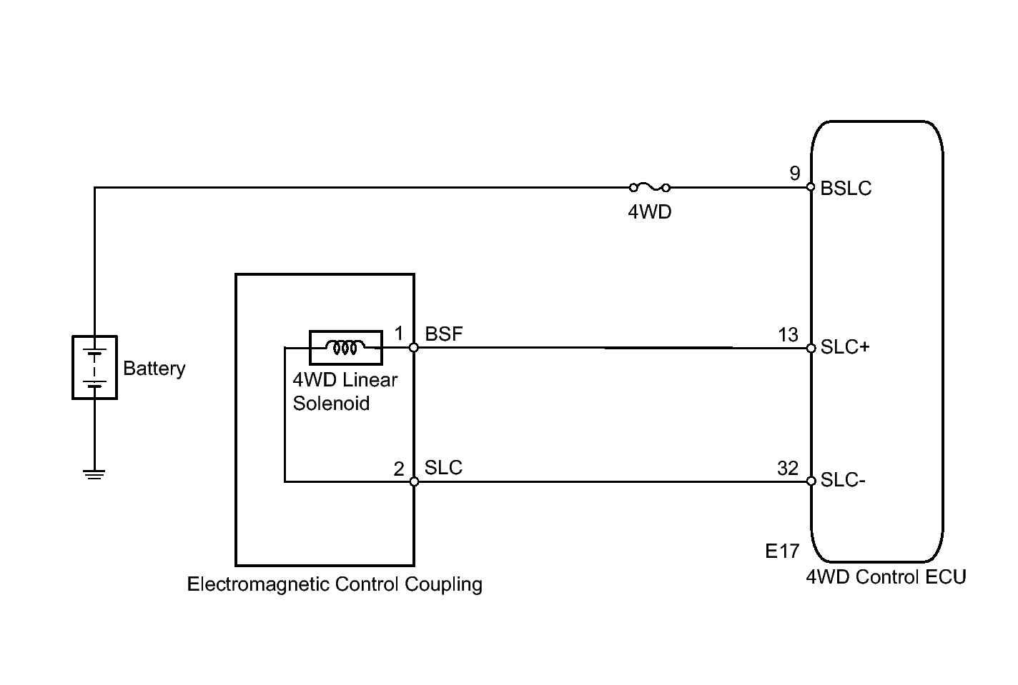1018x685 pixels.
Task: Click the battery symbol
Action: tap(94, 367)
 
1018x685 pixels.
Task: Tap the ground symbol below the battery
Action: tap(94, 474)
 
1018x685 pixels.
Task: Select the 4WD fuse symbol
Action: tap(649, 188)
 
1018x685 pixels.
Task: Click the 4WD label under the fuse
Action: tap(649, 212)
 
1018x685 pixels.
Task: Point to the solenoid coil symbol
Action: tap(345, 348)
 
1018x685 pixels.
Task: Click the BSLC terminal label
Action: tap(846, 189)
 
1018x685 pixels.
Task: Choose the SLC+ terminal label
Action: tap(845, 347)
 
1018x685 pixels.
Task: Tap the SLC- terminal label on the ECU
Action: tap(843, 480)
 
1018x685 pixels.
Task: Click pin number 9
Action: tap(794, 174)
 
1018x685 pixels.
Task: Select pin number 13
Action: tap(788, 334)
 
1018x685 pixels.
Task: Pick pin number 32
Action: tap(787, 468)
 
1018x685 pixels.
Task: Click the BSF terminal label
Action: tap(444, 334)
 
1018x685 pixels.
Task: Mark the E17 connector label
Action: tap(781, 551)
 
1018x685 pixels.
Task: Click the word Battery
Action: tap(154, 369)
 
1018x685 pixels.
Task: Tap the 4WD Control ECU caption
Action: tap(886, 576)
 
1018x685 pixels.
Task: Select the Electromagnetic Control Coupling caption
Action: tap(335, 584)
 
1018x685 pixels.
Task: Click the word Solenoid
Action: tap(331, 404)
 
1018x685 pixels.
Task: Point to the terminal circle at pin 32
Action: tap(811, 481)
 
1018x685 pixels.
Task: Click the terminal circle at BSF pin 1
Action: tap(414, 348)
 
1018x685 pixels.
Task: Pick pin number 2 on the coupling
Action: tap(399, 469)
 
